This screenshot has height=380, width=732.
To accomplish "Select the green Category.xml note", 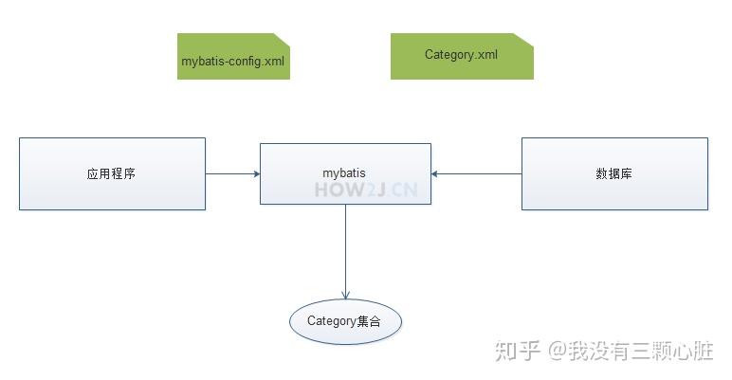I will (x=462, y=56).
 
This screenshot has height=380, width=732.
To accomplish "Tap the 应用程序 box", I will (x=112, y=173).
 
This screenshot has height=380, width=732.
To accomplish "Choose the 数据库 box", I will (x=614, y=173).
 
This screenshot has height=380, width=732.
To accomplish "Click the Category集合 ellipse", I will (x=345, y=321).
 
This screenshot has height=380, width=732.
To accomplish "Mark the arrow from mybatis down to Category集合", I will (x=345, y=246).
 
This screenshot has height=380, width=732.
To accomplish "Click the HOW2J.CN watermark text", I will (x=366, y=189).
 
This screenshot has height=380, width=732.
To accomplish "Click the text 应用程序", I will (x=111, y=173).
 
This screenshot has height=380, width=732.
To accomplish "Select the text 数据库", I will (x=614, y=173).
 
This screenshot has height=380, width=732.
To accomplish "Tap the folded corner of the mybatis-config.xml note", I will (x=282, y=40).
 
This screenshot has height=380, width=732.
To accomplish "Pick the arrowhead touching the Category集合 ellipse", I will (x=345, y=295).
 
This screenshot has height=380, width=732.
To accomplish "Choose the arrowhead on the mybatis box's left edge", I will (x=256, y=173).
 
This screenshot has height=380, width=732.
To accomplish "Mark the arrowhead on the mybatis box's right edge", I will (x=435, y=173).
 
